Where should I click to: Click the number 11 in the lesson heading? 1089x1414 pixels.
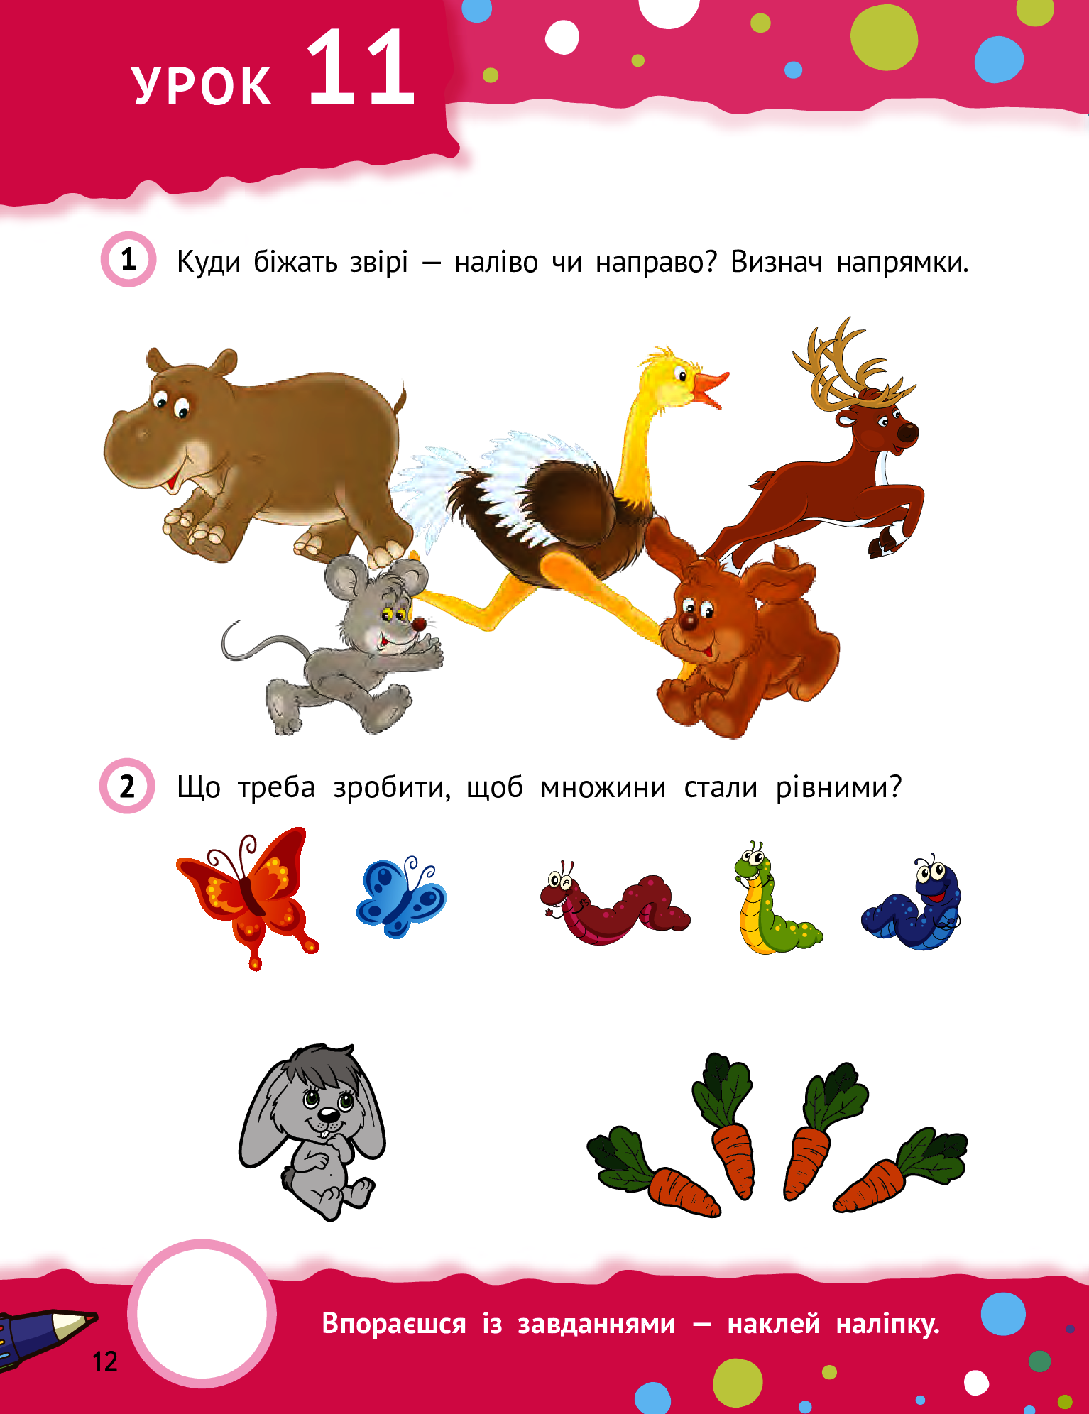pos(361,68)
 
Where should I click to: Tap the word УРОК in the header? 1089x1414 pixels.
pos(202,86)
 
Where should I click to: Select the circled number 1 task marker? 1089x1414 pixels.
pos(128,259)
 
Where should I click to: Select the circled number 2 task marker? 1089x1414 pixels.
pos(128,786)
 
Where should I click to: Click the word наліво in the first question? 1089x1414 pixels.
pos(496,262)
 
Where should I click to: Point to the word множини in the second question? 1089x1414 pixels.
pos(603,788)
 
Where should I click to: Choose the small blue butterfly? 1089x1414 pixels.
pos(401,897)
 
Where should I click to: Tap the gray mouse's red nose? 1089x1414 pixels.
pos(420,625)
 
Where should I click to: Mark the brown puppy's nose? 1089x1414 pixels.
pos(688,622)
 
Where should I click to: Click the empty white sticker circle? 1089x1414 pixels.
pos(202,1313)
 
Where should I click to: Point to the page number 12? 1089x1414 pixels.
pos(105,1361)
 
